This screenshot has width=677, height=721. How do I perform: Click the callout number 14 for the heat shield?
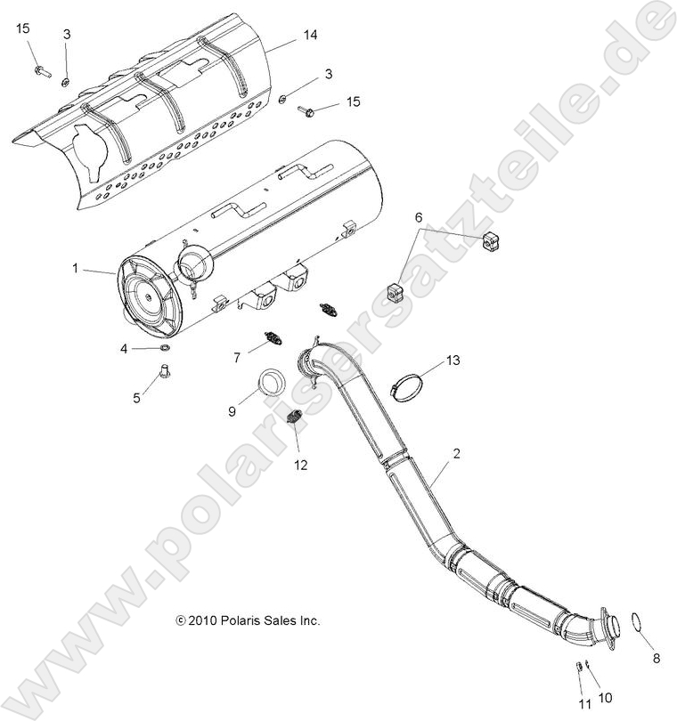click(x=310, y=35)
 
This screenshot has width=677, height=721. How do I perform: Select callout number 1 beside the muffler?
click(x=77, y=267)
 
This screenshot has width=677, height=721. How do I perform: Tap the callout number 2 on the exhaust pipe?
click(x=456, y=454)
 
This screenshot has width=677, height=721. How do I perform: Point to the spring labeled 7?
click(x=273, y=338)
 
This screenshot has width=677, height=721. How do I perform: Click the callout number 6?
click(x=420, y=216)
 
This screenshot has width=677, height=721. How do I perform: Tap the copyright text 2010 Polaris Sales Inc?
click(x=248, y=620)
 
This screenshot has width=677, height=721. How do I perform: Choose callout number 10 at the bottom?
click(x=606, y=697)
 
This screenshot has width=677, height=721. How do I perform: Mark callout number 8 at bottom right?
click(x=657, y=660)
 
